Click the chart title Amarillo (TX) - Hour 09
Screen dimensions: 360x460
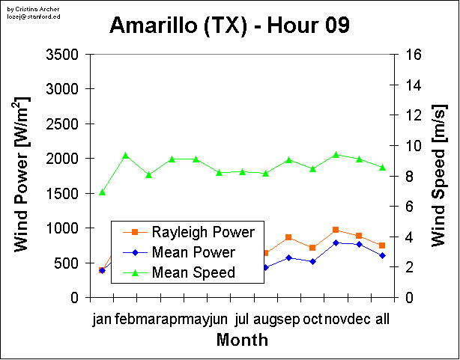[x=230, y=25]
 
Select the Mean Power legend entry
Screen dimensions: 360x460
[x=193, y=252]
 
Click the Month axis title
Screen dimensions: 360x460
[x=242, y=340]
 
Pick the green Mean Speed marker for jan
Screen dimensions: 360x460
[x=102, y=192]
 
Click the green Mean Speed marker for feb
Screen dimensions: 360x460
[x=125, y=156]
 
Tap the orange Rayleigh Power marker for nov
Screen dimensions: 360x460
[x=336, y=230]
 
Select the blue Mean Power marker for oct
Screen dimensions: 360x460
[x=312, y=261]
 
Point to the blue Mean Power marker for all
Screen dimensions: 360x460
[x=382, y=255]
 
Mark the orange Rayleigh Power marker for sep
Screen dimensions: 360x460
[x=288, y=237]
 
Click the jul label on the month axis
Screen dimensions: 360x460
[x=241, y=320]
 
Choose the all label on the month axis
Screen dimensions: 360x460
[x=382, y=320]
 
